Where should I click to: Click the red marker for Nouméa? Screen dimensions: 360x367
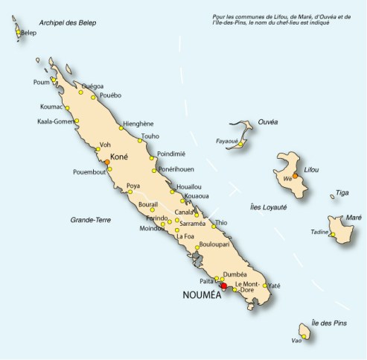tap(224, 285)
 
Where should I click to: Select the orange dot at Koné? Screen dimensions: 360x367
tap(107, 161)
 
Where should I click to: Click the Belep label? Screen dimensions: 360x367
tap(29, 34)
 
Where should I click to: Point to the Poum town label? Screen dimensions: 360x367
tap(41, 82)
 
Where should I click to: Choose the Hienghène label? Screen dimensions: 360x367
tap(138, 123)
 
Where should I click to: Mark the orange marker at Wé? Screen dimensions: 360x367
tap(296, 176)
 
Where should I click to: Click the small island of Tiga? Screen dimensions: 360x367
tap(332, 197)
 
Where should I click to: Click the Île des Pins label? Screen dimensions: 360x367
tap(330, 321)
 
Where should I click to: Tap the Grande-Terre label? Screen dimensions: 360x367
tap(89, 221)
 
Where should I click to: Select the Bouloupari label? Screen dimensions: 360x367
tap(217, 244)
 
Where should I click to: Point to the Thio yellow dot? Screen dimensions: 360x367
tap(214, 225)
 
